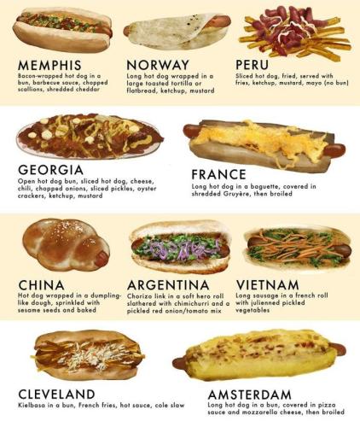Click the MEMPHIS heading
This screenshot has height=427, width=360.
pos(50,65)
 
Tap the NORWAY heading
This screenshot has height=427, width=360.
pos(158,65)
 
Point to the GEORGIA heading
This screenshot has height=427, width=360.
pos(51,170)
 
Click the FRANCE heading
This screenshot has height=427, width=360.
pos(219,174)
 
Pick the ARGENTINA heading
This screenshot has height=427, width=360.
pos(168,284)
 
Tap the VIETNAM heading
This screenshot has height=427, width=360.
pos(267,284)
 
